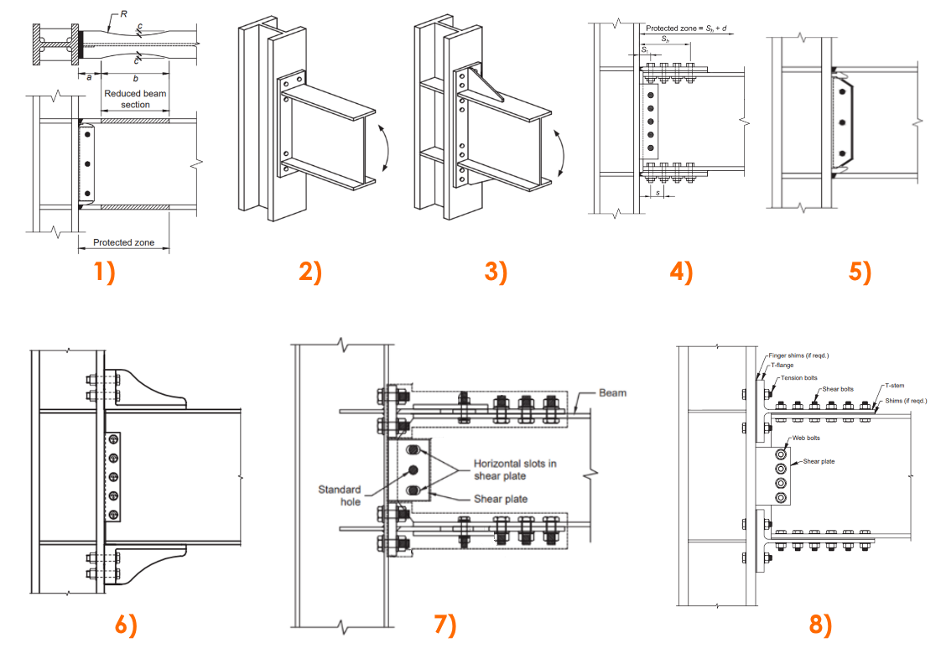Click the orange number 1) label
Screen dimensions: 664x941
pyautogui.click(x=104, y=273)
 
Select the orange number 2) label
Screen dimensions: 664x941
pyautogui.click(x=310, y=273)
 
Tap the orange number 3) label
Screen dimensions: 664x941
pyautogui.click(x=496, y=273)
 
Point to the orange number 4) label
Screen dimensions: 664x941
pyautogui.click(x=682, y=273)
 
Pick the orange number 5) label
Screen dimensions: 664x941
pyautogui.click(x=859, y=273)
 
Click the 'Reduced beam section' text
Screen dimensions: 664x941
pyautogui.click(x=135, y=99)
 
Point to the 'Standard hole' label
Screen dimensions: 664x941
pyautogui.click(x=339, y=495)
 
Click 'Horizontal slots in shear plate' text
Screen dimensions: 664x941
pyautogui.click(x=516, y=469)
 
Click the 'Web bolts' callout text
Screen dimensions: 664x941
pyautogui.click(x=807, y=439)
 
